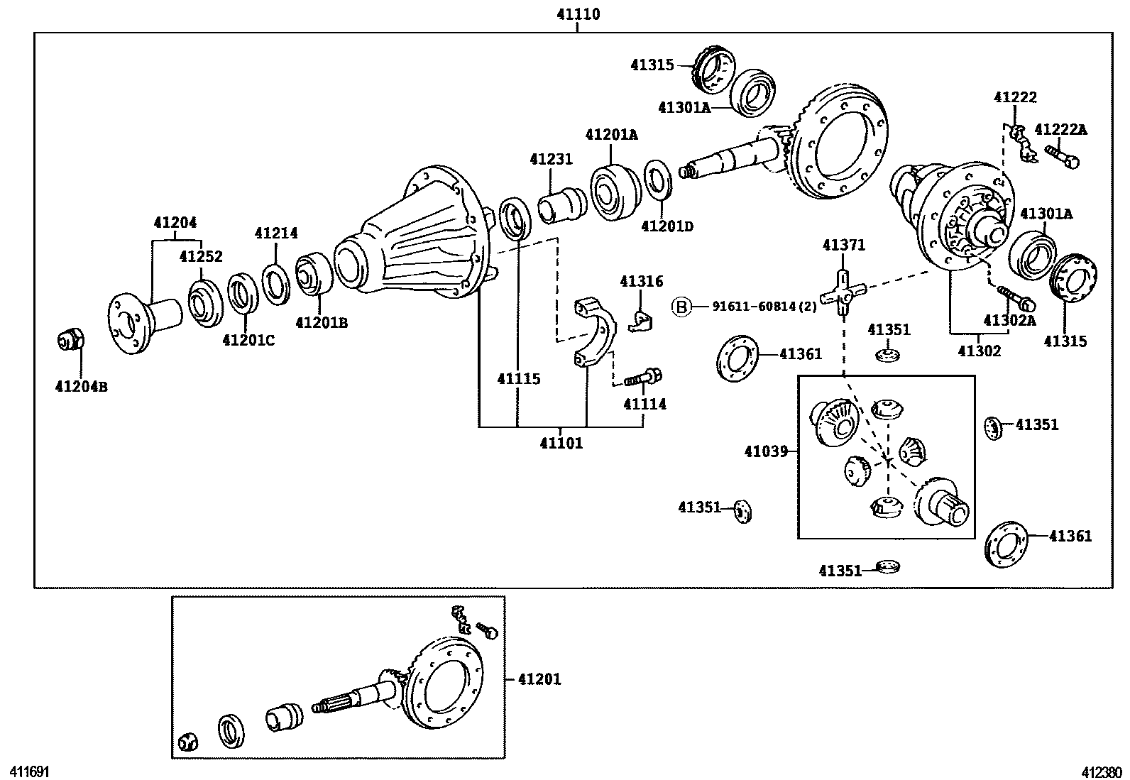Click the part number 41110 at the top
click(578, 13)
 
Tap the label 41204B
click(81, 387)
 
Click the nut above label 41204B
click(70, 340)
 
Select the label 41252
click(201, 257)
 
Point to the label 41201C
click(248, 340)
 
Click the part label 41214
click(276, 233)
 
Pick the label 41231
click(551, 159)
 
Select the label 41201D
click(667, 226)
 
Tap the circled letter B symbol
click(681, 307)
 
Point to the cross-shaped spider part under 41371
click(843, 292)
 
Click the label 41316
click(641, 281)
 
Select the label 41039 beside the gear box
click(765, 451)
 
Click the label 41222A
click(1060, 129)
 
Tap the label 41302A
click(1009, 321)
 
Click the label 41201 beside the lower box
click(539, 679)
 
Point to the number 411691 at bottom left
click(28, 771)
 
